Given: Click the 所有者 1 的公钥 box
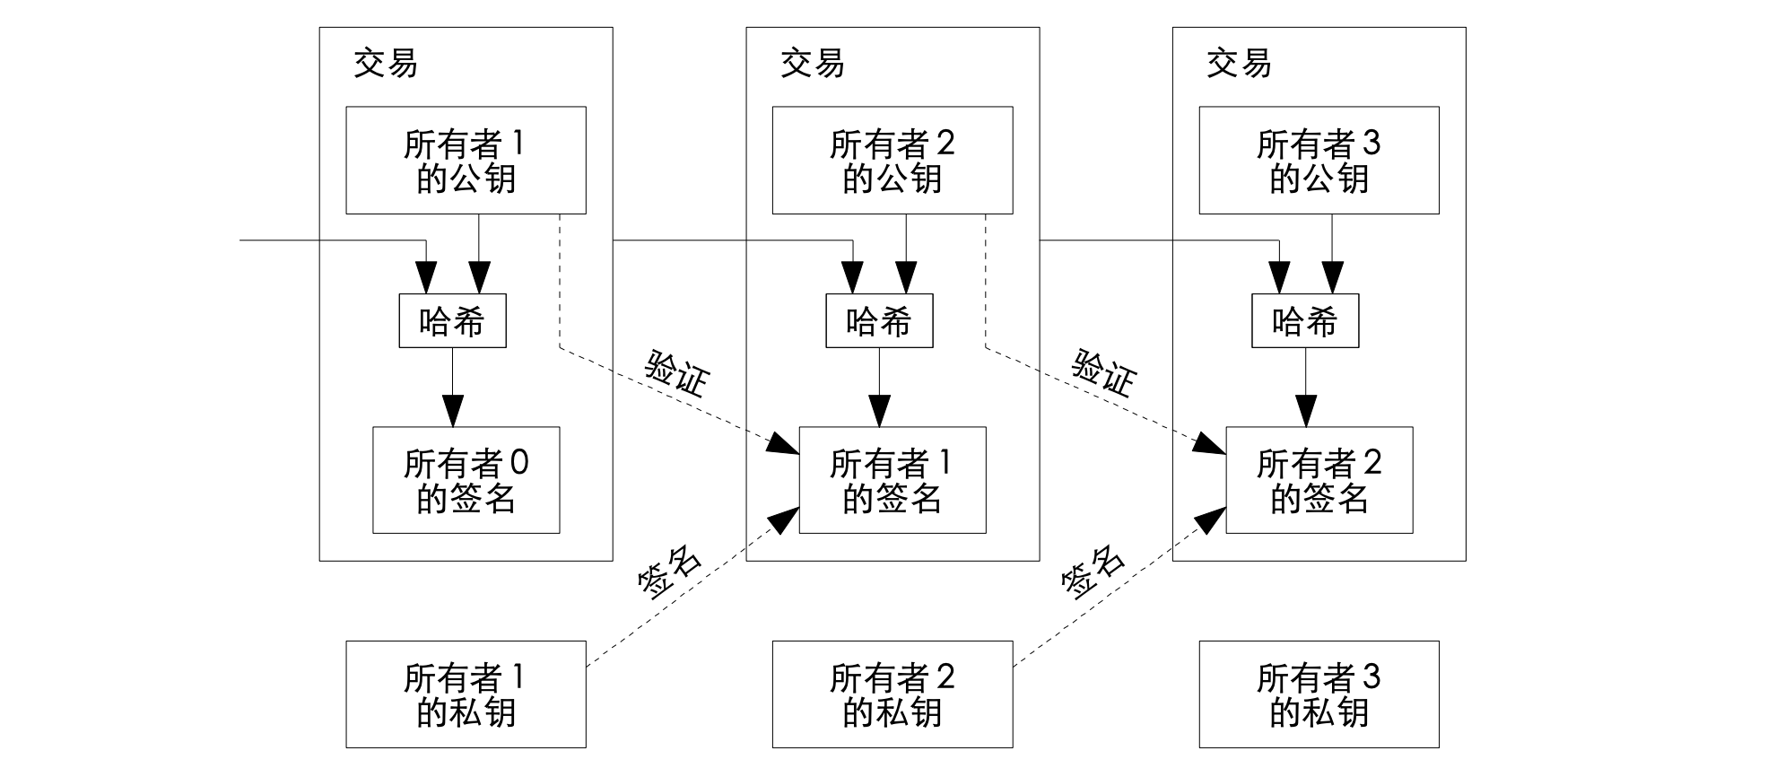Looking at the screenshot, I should (466, 161).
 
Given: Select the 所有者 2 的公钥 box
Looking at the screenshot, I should (892, 161).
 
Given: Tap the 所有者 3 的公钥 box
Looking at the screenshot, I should (1319, 161).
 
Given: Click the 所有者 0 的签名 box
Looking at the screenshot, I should (466, 480).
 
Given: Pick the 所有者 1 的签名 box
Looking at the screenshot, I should (892, 480).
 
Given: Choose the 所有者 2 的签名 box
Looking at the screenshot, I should (1319, 480).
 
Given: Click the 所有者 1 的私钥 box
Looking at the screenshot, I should (466, 694).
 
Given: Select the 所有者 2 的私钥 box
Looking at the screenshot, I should (892, 694).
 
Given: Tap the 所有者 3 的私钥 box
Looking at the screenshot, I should (1319, 694).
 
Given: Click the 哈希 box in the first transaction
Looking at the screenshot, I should (452, 321).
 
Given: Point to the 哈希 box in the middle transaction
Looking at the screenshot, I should (879, 321).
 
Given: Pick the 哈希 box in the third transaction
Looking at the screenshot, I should (1305, 321).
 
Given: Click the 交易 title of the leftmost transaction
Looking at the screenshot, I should (386, 64).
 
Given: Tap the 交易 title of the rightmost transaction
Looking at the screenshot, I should (1239, 64).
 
